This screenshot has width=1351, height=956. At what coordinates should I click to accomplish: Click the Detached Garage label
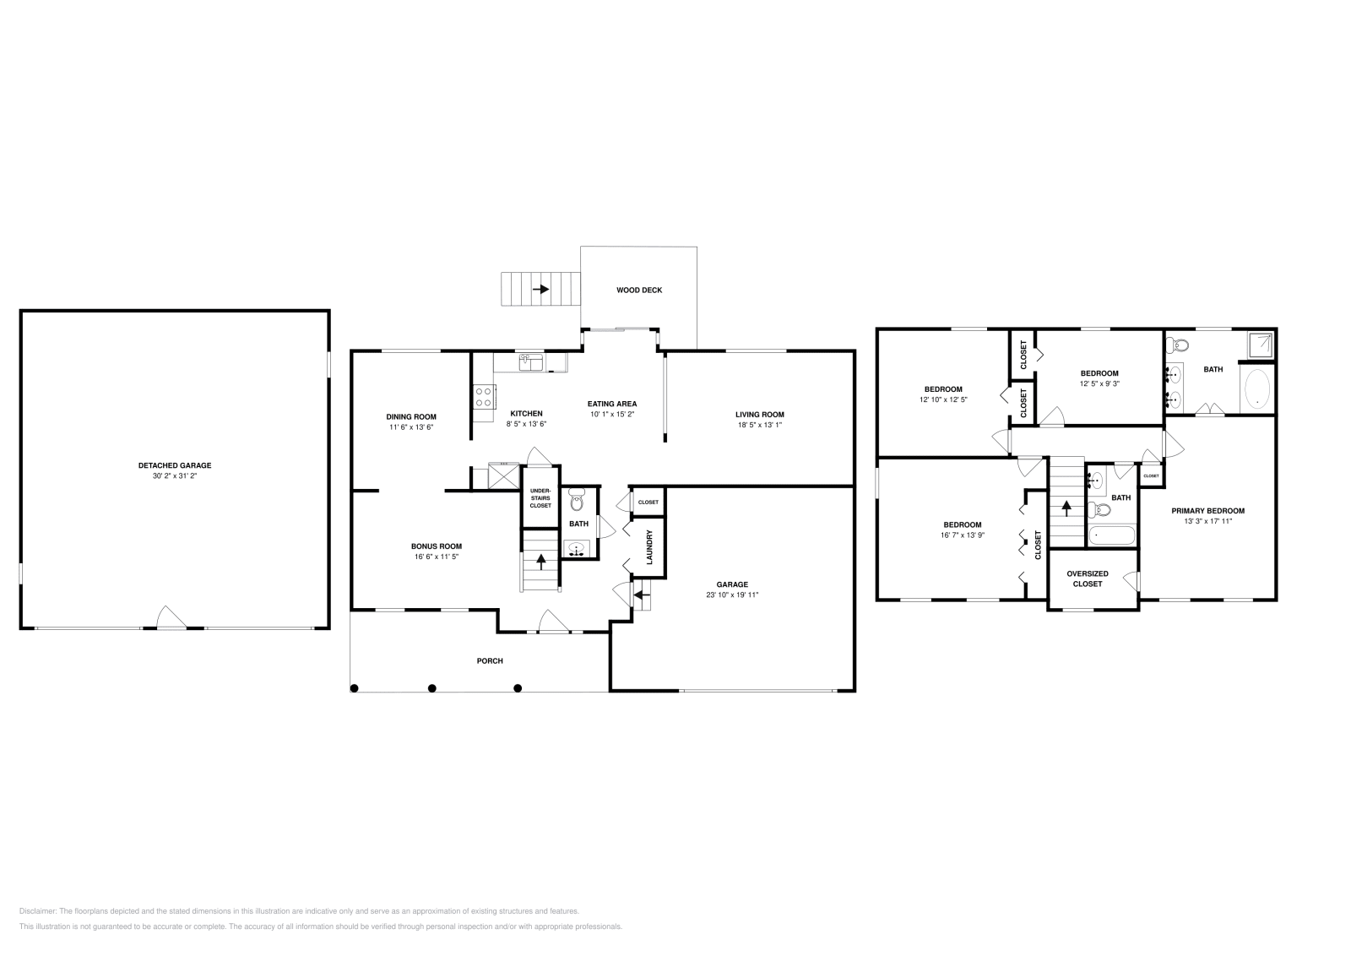[175, 465]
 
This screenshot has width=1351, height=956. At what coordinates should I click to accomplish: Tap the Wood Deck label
[639, 290]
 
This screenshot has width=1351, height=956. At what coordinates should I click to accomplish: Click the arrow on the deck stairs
[540, 289]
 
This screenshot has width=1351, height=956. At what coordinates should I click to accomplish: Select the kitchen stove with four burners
[484, 397]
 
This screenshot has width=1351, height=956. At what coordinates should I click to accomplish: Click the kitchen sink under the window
[530, 361]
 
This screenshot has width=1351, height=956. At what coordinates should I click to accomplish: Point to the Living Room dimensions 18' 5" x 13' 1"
[759, 425]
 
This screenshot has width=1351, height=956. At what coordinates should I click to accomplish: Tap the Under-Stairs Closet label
[540, 498]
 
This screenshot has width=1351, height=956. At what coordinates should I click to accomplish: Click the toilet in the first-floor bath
[578, 502]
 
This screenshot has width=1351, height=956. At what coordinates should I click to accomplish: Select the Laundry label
[649, 547]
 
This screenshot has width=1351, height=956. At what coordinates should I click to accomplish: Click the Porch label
[490, 660]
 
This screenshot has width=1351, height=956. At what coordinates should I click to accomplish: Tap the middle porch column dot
[432, 687]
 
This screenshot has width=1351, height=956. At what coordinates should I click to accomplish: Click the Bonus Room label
[437, 546]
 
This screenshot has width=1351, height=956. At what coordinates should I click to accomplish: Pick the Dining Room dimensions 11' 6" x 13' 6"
[411, 427]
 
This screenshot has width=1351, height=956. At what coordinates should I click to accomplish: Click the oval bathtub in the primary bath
[1257, 389]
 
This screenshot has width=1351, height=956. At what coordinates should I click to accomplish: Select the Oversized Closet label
[1087, 578]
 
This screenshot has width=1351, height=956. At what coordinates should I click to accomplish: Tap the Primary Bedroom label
[1207, 510]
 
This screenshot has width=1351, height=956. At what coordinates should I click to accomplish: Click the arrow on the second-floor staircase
[1066, 508]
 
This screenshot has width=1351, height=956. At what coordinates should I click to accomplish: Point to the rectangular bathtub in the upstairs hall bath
[1110, 535]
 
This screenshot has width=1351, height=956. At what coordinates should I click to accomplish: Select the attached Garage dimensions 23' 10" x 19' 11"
[732, 595]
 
